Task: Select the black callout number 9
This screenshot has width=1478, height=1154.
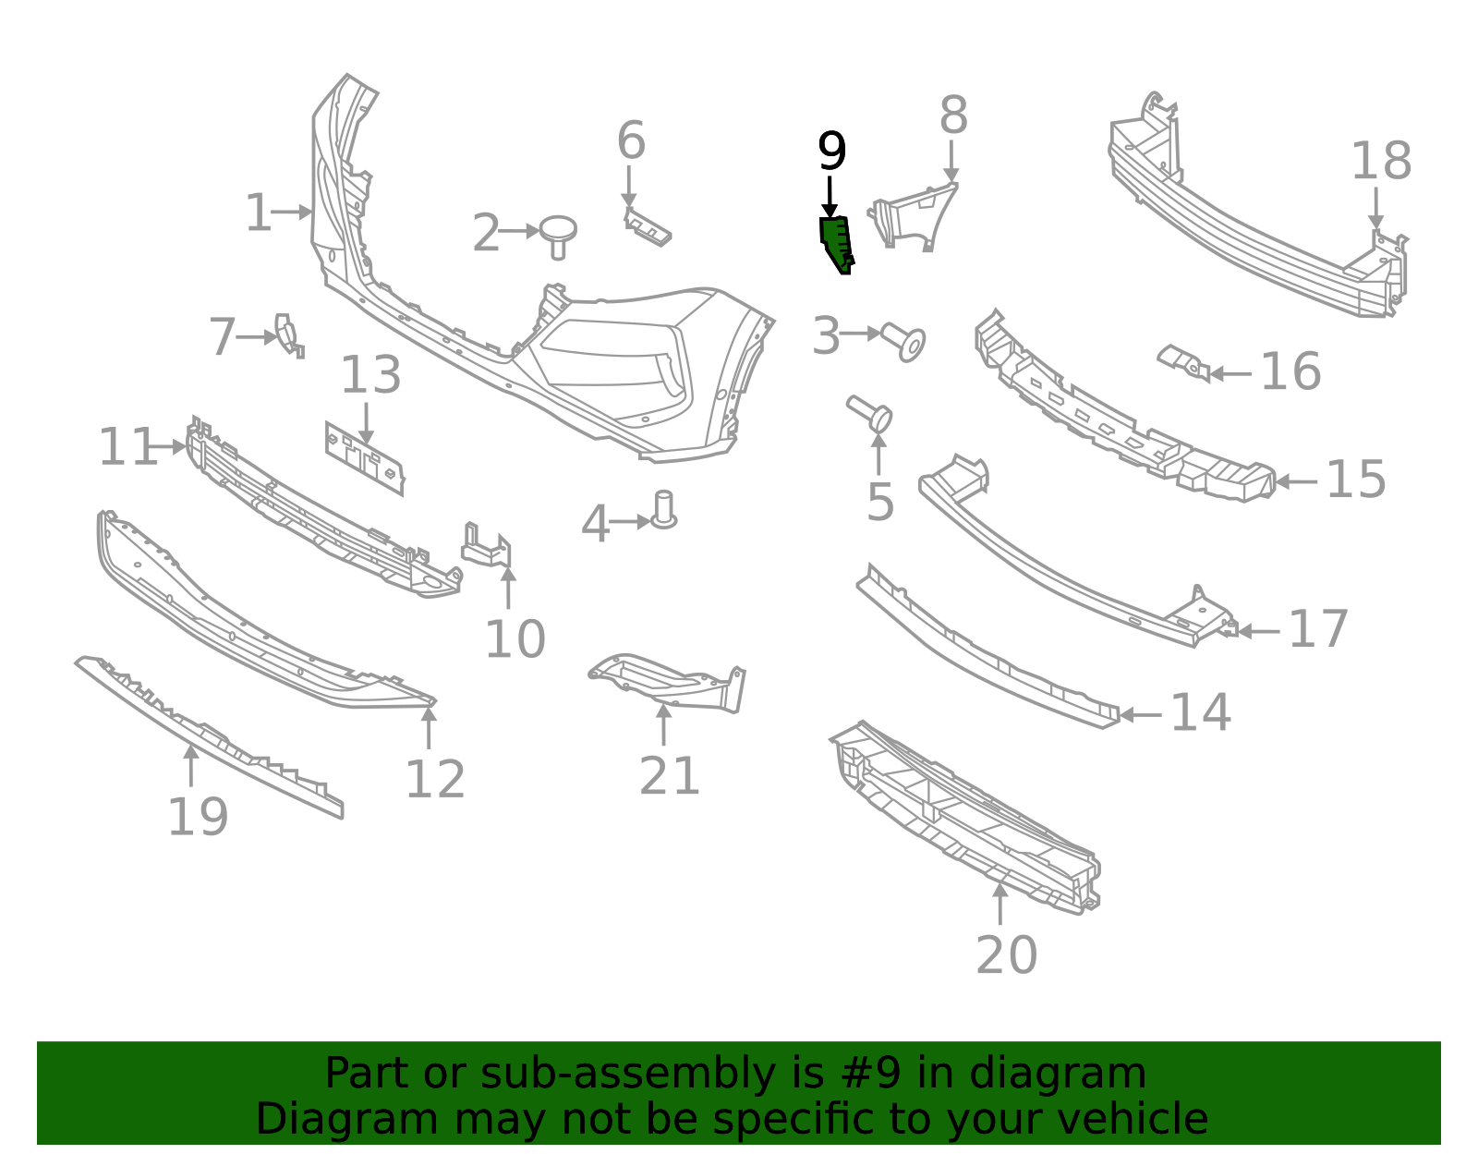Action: tap(831, 152)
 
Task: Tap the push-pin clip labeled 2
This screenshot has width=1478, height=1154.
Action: tap(558, 235)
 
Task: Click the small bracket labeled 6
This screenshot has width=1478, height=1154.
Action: tap(648, 227)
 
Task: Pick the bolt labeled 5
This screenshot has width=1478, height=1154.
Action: tap(871, 413)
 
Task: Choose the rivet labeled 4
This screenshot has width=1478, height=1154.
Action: tap(664, 511)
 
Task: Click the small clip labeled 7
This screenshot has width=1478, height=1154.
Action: tap(287, 334)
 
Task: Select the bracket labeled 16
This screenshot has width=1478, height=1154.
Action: tap(1183, 362)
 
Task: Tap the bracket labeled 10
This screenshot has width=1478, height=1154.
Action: tap(487, 546)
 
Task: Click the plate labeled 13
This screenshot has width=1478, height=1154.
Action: tap(365, 457)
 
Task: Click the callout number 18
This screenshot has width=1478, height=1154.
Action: tap(1381, 162)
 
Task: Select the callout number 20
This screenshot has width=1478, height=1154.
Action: tap(1006, 954)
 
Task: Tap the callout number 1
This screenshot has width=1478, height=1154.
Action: tap(258, 213)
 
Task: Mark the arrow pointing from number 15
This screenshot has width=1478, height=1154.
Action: tap(1297, 481)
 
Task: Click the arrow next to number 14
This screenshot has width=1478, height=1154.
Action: tap(1140, 714)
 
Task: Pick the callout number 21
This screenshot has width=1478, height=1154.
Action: tap(670, 775)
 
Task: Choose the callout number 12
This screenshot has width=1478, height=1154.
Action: tap(435, 780)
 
